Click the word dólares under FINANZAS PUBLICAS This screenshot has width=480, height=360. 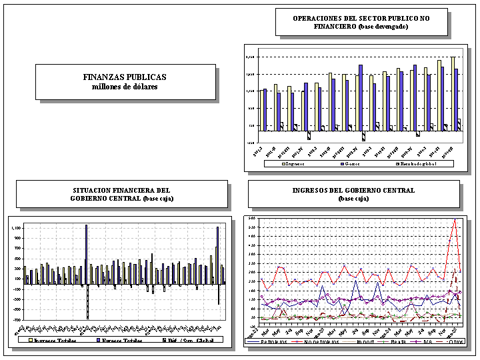pos(143,87)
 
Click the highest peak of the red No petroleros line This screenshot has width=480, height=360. pos(455,220)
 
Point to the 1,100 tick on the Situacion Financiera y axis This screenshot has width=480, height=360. pos(17,228)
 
